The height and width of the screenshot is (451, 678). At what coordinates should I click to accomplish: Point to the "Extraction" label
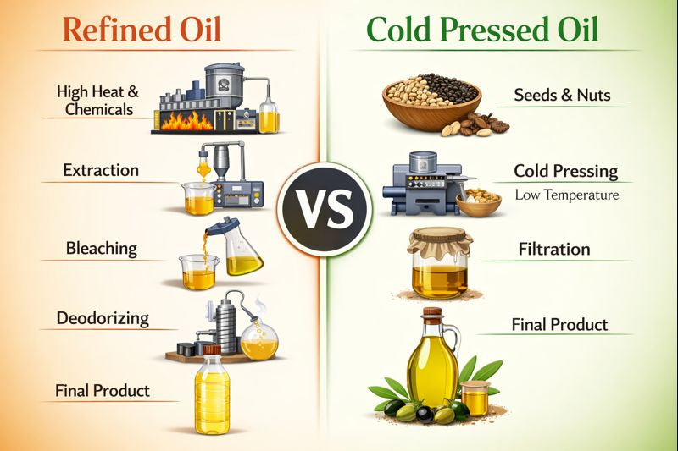pyautogui.click(x=101, y=170)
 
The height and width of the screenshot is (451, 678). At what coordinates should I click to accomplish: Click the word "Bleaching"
pyautogui.click(x=102, y=249)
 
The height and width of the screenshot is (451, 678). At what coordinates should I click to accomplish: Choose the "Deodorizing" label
pyautogui.click(x=103, y=319)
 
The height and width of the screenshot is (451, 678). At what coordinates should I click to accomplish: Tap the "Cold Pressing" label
pyautogui.click(x=565, y=171)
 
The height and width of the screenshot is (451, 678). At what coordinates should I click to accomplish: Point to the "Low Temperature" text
pyautogui.click(x=566, y=195)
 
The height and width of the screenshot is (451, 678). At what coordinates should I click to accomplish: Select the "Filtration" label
pyautogui.click(x=554, y=250)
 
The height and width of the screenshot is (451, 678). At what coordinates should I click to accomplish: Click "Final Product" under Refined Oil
pyautogui.click(x=103, y=390)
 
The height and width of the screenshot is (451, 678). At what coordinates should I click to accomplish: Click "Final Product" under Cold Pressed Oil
pyautogui.click(x=560, y=324)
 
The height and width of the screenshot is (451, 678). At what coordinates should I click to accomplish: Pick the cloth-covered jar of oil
pyautogui.click(x=440, y=264)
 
